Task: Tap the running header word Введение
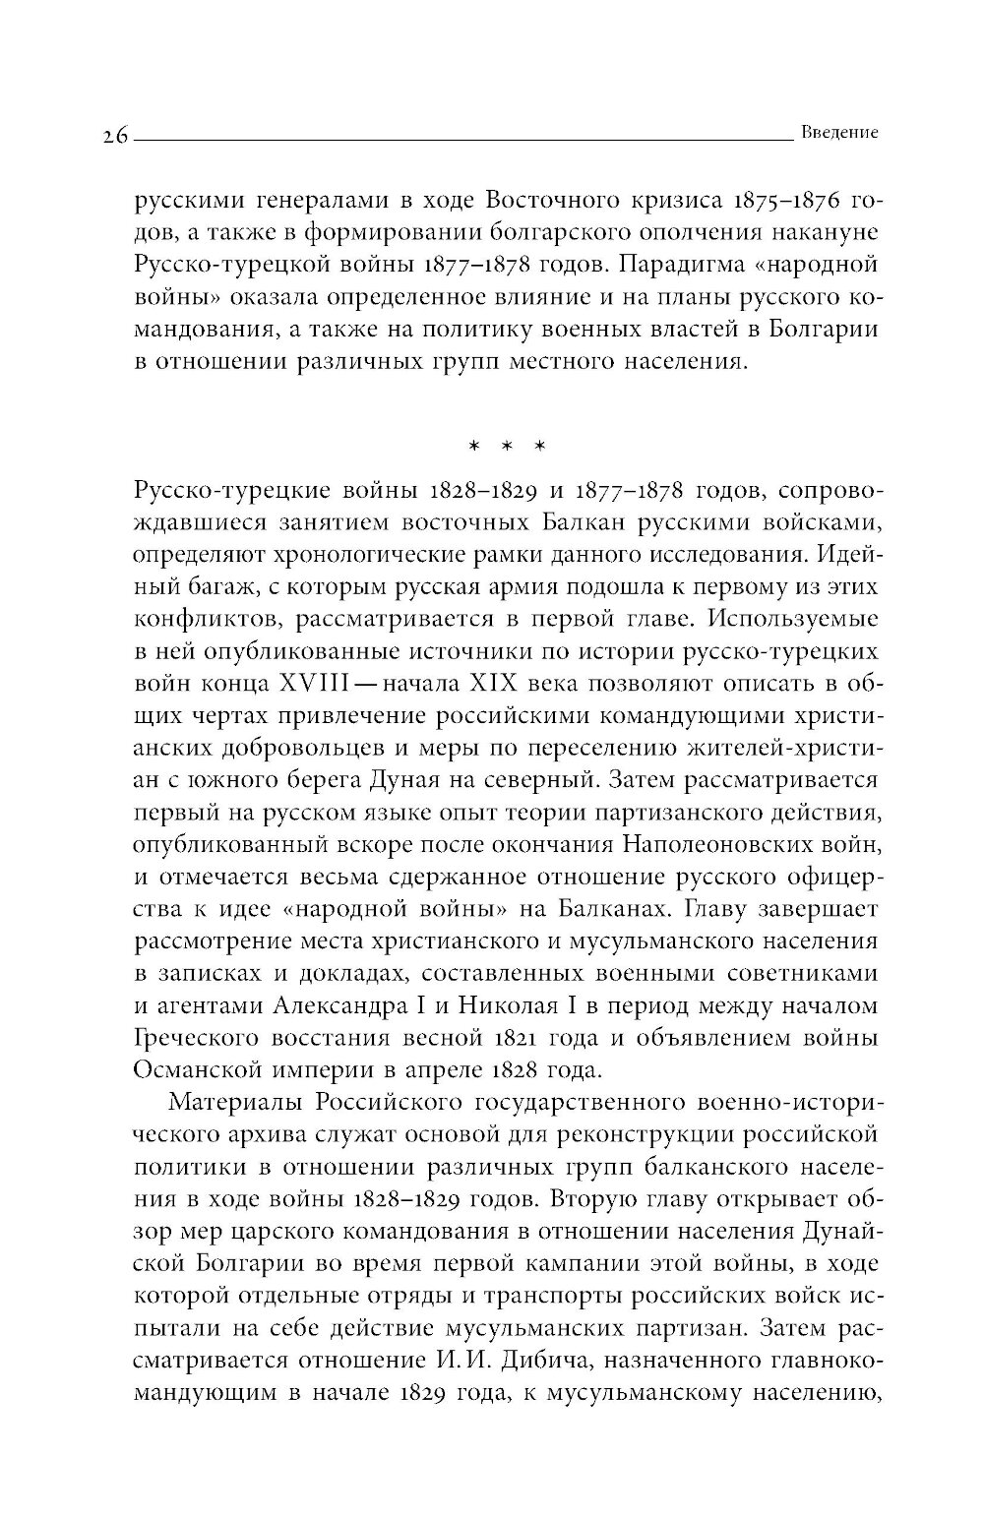click(x=839, y=133)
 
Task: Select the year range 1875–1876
click(x=777, y=204)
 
